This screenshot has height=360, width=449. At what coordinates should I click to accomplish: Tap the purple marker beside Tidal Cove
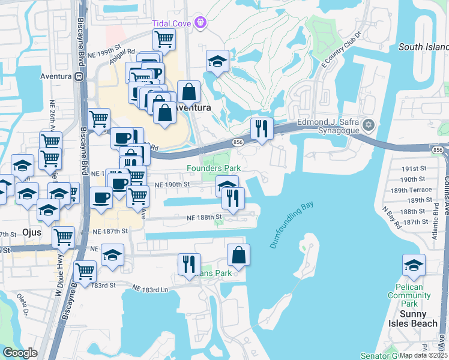pyautogui.click(x=201, y=23)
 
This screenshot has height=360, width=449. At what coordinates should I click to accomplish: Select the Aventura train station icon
pyautogui.click(x=78, y=76)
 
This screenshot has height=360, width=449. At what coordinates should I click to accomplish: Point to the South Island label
pyautogui.click(x=423, y=47)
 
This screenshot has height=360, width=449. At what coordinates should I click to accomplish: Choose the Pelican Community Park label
pyautogui.click(x=414, y=295)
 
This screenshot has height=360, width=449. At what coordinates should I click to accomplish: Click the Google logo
pyautogui.click(x=20, y=352)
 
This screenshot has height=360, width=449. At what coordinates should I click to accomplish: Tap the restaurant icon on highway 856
pyautogui.click(x=262, y=128)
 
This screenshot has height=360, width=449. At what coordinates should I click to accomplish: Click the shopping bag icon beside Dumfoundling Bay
pyautogui.click(x=238, y=254)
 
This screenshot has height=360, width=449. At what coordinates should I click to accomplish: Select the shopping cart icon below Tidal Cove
pyautogui.click(x=164, y=40)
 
